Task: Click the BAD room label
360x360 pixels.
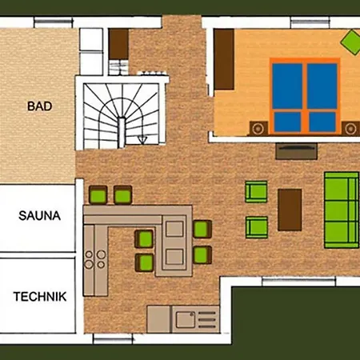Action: (38, 105)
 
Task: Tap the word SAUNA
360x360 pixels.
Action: (38, 215)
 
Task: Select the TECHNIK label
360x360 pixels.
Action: (39, 295)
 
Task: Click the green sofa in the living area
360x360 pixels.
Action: (340, 210)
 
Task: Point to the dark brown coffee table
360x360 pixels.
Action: (290, 207)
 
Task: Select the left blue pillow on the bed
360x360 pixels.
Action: (286, 122)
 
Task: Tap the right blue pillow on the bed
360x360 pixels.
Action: (322, 122)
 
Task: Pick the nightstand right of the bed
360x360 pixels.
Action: (350, 127)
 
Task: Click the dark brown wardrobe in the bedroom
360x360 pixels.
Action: (223, 61)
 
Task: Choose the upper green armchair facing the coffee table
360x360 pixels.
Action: (255, 193)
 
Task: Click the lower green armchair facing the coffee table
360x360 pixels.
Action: (255, 226)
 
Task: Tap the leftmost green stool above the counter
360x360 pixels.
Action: (98, 194)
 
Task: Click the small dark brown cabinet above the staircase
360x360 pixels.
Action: (118, 44)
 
